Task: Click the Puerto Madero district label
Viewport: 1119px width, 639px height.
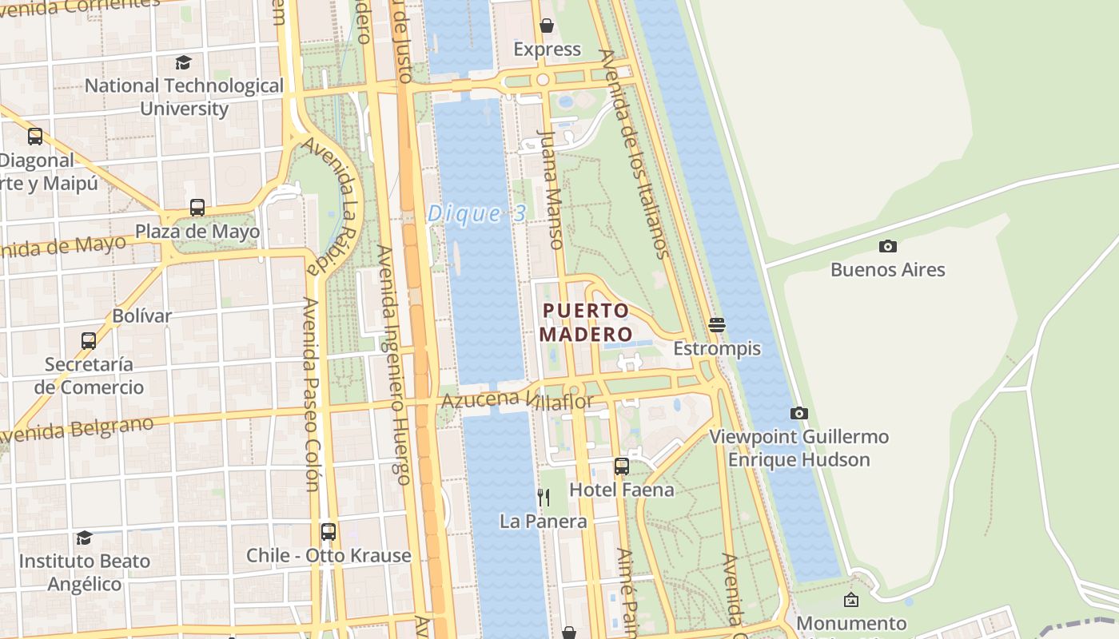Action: pos(586,322)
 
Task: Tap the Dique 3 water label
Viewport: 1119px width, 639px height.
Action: pos(477,213)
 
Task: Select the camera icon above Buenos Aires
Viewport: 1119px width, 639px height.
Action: pos(887,246)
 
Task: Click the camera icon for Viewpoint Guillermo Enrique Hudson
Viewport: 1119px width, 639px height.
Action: pos(798,413)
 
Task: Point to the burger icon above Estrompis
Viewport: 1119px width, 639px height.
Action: pos(716,324)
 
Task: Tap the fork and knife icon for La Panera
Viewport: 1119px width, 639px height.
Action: pos(544,497)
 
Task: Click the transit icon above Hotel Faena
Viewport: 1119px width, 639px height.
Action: pos(621,466)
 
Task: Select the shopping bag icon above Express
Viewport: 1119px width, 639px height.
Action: pos(547,26)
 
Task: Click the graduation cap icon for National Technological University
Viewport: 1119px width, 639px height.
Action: pos(184,62)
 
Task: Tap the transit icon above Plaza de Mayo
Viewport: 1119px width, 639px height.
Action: pos(197,208)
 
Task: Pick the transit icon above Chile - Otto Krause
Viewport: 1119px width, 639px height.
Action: pos(328,531)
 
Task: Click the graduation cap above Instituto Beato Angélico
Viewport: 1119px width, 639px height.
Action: pos(84,538)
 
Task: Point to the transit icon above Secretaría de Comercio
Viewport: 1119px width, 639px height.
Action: pos(89,340)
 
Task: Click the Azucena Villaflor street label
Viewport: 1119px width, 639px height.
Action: pos(517,399)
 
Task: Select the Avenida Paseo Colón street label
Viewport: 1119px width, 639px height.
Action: pos(311,394)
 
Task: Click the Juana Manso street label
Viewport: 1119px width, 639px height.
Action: pos(552,189)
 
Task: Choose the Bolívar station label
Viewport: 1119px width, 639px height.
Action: pos(141,316)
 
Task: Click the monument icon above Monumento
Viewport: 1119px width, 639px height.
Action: pos(851,599)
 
